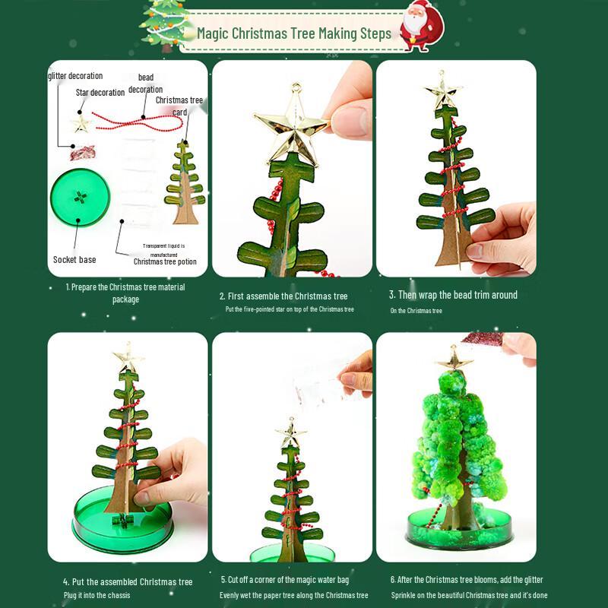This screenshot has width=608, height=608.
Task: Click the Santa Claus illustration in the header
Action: click(x=421, y=26)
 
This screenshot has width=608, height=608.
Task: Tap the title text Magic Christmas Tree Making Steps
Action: click(x=294, y=33)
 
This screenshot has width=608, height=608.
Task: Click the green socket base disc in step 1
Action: click(x=80, y=198)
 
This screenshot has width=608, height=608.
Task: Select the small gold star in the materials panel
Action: click(x=81, y=124)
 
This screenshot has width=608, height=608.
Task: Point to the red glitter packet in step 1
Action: click(x=83, y=153)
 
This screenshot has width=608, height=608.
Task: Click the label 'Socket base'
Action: click(x=74, y=260)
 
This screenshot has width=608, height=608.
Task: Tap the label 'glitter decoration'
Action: click(x=75, y=76)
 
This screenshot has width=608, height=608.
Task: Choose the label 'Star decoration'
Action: click(x=100, y=93)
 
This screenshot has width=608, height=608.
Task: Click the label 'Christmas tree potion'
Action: click(x=165, y=261)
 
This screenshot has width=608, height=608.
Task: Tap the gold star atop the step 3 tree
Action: click(x=443, y=90)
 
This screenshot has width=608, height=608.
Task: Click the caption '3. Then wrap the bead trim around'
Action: click(x=453, y=295)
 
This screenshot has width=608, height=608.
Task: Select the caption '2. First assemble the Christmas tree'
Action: click(x=283, y=296)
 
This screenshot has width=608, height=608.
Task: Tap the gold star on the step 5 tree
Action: click(x=291, y=432)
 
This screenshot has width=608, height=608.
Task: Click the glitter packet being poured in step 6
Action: click(x=483, y=337)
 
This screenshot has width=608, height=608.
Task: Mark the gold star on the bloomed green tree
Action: click(x=454, y=358)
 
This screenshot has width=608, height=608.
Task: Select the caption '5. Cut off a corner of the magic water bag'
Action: click(x=285, y=580)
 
